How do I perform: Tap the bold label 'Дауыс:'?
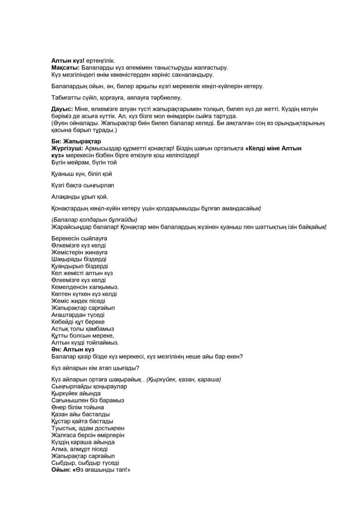tap(62, 108)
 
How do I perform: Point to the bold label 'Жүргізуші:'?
tap(68, 149)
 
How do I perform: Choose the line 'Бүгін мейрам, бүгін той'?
tap(83, 163)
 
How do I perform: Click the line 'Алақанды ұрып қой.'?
tap(80, 197)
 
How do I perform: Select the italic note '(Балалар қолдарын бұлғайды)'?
tap(94, 220)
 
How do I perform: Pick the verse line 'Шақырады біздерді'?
tap(79, 259)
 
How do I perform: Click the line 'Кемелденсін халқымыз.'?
tap(82, 287)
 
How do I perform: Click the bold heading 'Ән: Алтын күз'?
tap(73, 350)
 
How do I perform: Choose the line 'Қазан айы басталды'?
tap(81, 414)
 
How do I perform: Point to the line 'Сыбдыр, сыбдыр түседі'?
tap(85, 463)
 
